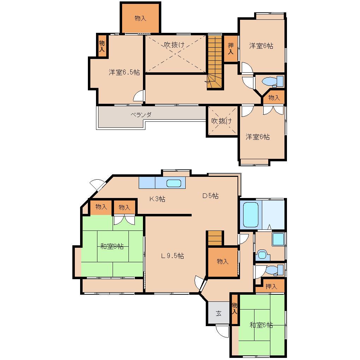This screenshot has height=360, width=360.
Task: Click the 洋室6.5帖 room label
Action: [x=124, y=72]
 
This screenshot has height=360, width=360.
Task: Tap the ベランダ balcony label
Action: [x=141, y=114]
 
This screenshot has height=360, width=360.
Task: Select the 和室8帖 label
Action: [x=112, y=246]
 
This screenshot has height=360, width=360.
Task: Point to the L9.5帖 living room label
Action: [x=173, y=256]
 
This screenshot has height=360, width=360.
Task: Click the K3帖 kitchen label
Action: [x=157, y=199]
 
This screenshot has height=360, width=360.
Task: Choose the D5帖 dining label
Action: [x=210, y=196]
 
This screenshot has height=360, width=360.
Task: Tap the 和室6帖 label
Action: [x=261, y=325]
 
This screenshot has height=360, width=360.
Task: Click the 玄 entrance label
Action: [x=218, y=313]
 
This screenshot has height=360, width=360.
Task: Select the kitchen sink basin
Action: [x=174, y=183]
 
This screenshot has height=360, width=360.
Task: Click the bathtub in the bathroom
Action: [x=251, y=215]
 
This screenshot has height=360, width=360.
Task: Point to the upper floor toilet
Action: [x=273, y=82]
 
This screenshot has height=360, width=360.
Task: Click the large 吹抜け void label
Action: [x=174, y=45]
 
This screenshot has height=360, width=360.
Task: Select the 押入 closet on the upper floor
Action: [x=231, y=49]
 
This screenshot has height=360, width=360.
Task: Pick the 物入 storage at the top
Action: [x=140, y=18]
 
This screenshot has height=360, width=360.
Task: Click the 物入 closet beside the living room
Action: [x=222, y=262]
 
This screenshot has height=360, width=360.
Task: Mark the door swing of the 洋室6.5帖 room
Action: [x=139, y=96]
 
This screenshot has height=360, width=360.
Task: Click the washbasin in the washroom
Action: [x=278, y=239]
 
